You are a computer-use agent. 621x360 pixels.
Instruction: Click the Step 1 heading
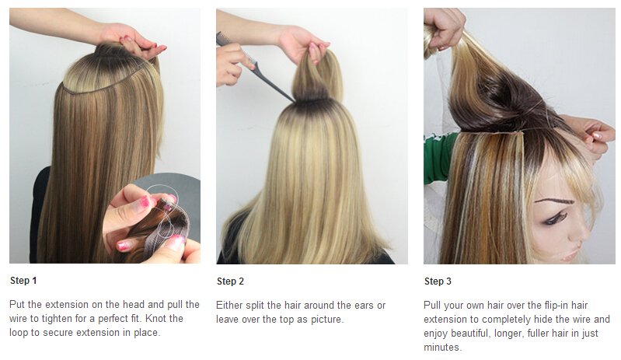pos(23,281)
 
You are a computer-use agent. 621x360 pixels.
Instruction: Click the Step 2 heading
pos(230,281)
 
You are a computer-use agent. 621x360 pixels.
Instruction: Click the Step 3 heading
pos(438,281)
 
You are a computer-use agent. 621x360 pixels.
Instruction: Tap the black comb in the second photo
pos(253,68)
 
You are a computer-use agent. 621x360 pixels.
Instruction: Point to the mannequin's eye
pos(556,218)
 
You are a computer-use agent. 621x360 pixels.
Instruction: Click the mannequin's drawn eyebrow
pos(553,201)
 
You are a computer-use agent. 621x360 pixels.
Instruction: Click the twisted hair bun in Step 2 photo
pos(315,77)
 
